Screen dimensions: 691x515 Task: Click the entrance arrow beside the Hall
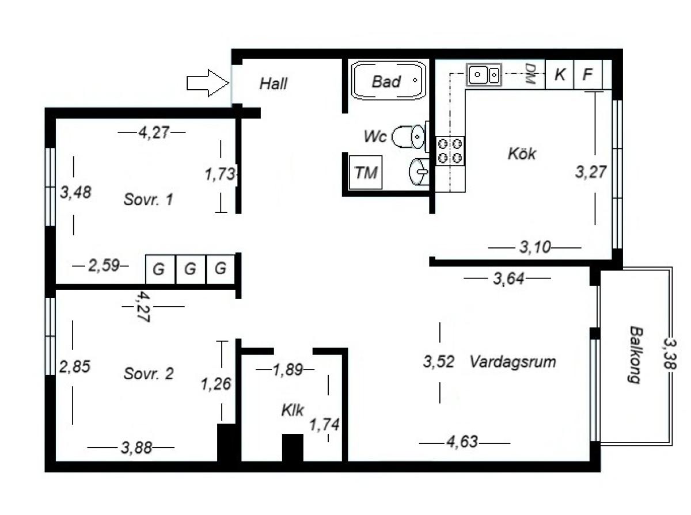tap(207, 83)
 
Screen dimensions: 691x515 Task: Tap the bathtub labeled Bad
tap(388, 81)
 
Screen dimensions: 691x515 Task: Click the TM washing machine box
tap(366, 173)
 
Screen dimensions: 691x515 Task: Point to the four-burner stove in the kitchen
tap(450, 151)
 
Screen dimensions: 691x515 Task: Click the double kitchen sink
tap(484, 75)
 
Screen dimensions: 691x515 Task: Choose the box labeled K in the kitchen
tap(559, 74)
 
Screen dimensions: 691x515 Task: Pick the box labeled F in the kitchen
tap(588, 74)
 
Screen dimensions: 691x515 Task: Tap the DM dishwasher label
tap(530, 73)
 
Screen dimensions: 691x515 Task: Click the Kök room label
tap(522, 154)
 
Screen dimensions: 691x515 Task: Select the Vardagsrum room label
tap(513, 361)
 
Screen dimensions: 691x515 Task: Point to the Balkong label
tap(636, 355)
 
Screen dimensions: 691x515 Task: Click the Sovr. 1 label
tap(148, 199)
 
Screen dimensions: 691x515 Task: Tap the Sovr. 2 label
tap(148, 373)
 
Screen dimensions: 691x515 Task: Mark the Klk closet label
tap(293, 410)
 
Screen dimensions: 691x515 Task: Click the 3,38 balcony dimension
tap(670, 353)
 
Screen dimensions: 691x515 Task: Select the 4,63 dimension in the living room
tap(462, 442)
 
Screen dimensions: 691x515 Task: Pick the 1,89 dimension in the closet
tap(288, 369)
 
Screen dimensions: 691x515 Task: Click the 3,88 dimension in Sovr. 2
tap(136, 447)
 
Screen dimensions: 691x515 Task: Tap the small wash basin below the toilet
tap(419, 172)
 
